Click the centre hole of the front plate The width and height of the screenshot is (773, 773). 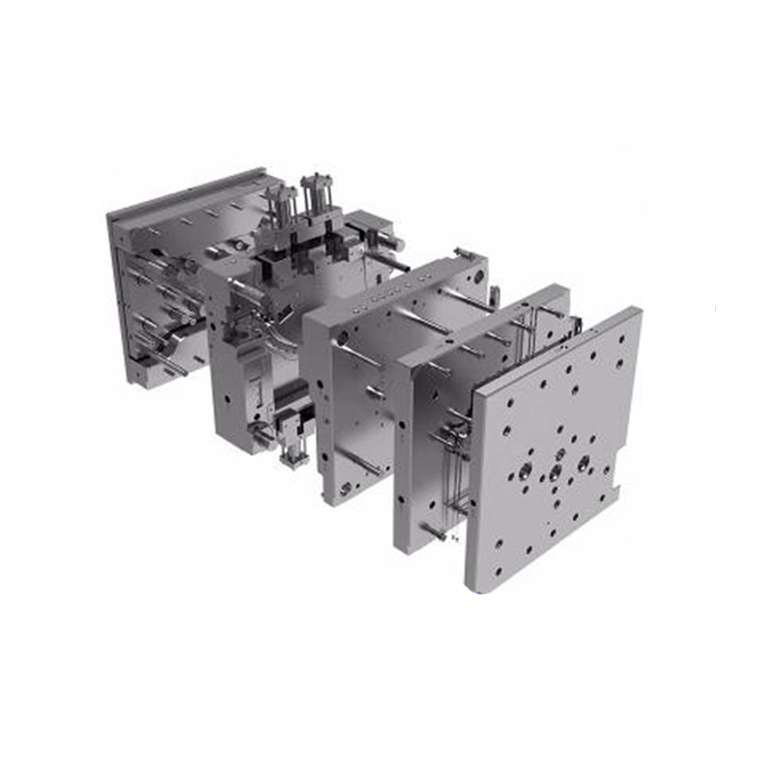(x=555, y=472)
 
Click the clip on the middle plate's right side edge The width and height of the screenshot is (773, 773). (x=494, y=295)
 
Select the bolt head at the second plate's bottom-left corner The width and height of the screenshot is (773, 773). (x=432, y=531)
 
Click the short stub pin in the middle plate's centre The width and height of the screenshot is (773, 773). (x=376, y=392)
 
